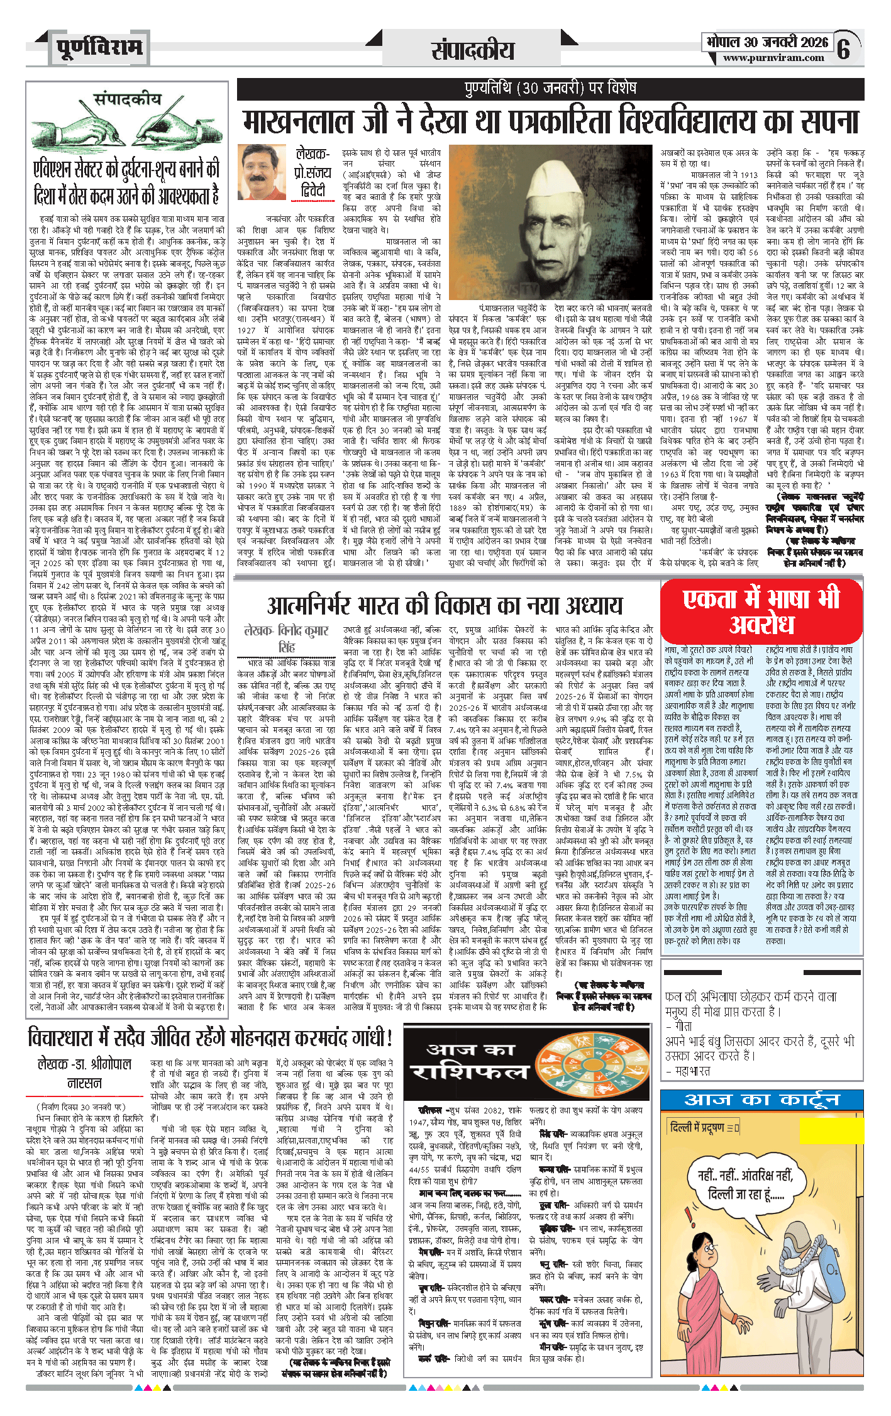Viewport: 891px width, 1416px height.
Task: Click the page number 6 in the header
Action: point(844,48)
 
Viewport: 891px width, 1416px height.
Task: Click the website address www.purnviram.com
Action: point(773,58)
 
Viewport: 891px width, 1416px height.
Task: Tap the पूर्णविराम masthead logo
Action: point(99,48)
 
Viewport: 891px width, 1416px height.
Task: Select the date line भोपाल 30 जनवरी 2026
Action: point(767,42)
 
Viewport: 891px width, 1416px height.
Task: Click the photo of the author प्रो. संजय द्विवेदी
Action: point(262,172)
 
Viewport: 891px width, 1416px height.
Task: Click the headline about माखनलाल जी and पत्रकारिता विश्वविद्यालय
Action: point(550,121)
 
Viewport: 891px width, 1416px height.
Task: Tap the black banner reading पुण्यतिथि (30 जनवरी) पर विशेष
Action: point(550,88)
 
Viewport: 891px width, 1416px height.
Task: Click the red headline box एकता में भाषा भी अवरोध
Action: point(761,610)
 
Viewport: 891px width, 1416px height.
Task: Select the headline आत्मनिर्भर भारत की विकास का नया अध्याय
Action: point(445,605)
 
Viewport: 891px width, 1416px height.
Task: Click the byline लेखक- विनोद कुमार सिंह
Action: point(286,638)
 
